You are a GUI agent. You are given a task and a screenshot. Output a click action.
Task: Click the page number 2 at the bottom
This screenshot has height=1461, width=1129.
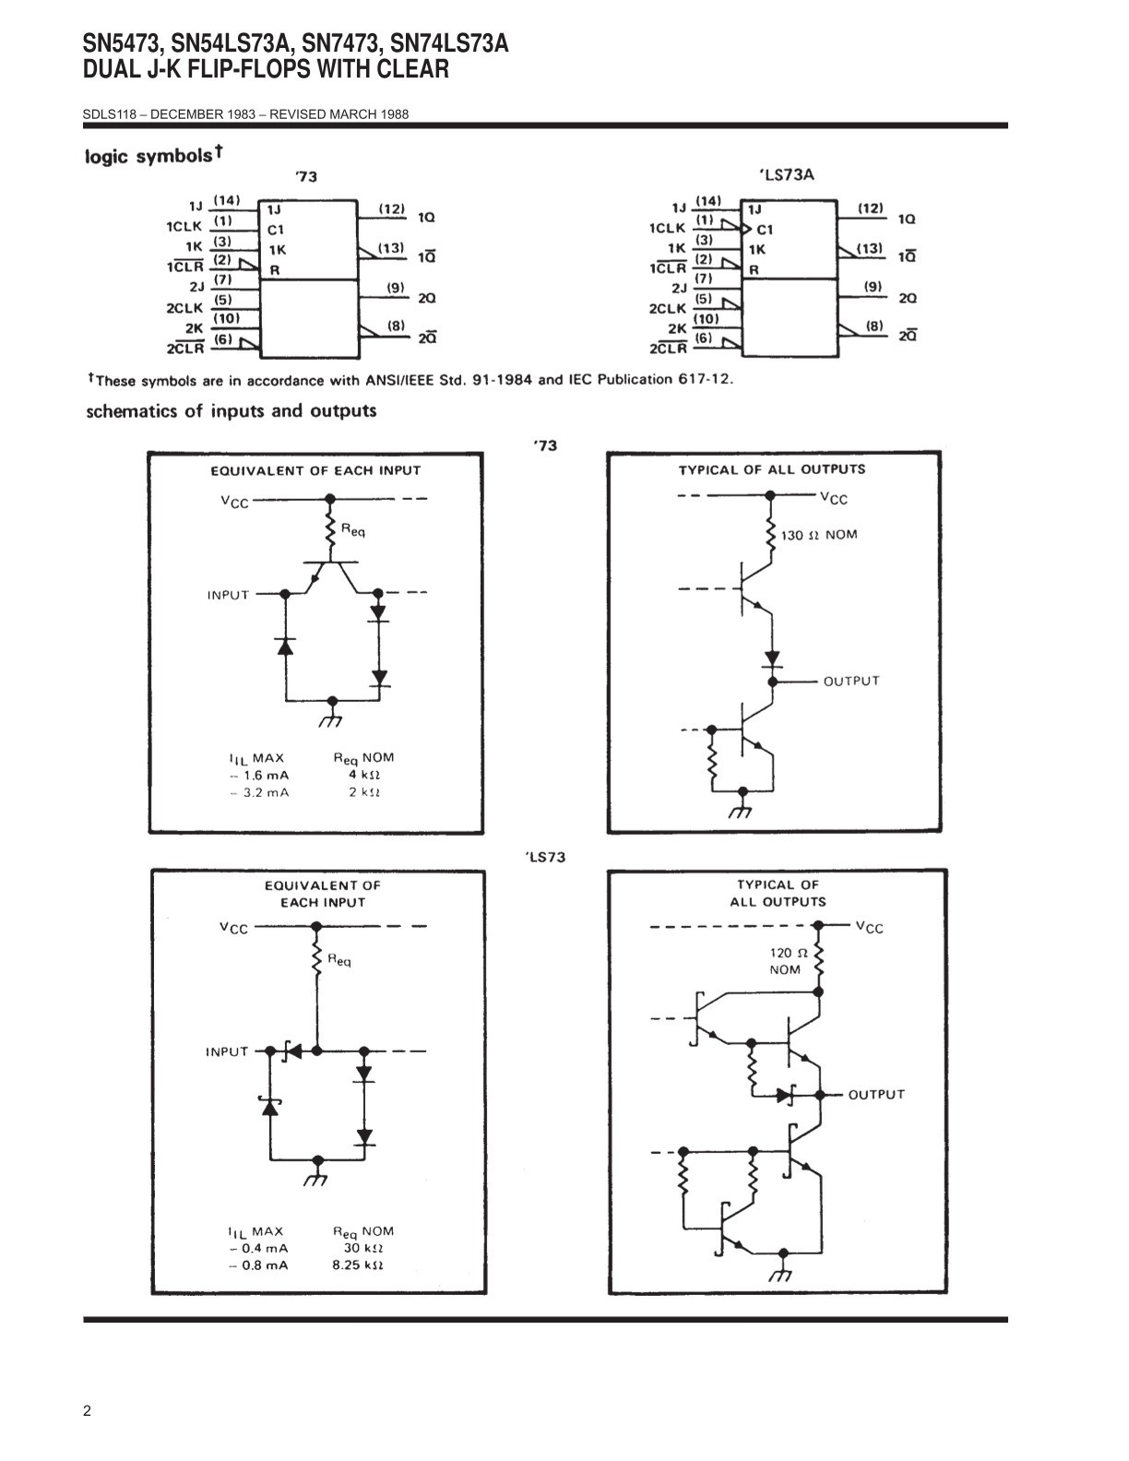87,1410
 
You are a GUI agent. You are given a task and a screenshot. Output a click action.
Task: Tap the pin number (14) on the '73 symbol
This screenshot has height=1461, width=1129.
227,199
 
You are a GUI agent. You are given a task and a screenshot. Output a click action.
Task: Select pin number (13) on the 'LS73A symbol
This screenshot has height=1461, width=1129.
869,248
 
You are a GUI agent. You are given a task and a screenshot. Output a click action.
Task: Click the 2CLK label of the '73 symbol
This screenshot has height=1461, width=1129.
184,308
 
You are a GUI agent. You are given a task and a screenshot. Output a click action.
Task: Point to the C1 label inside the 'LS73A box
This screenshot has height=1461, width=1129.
765,230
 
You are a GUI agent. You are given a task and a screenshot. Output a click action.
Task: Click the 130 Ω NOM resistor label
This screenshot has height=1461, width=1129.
818,535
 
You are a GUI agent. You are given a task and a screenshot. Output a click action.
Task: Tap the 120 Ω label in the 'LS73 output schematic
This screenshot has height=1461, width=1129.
789,953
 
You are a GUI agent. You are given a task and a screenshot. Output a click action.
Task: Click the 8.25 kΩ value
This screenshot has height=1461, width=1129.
358,1265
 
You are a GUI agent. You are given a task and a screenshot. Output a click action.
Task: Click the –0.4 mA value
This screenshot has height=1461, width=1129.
259,1248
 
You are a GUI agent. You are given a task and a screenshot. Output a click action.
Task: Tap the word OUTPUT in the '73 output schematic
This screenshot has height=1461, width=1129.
851,681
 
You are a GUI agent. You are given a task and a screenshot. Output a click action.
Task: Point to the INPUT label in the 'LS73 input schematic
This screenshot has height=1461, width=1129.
227,1051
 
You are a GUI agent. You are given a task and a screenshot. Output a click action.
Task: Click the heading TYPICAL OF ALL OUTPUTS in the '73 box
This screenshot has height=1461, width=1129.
772,469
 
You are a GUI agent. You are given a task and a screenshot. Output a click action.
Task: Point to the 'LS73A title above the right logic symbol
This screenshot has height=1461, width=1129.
787,175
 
